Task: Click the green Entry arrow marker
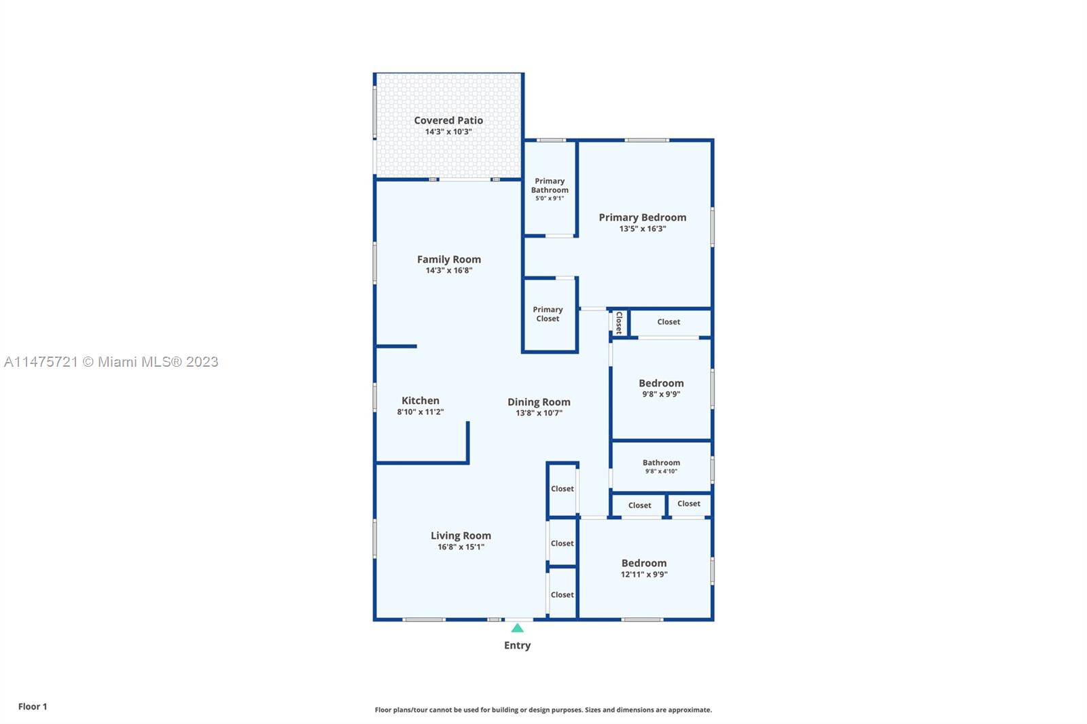click(x=517, y=628)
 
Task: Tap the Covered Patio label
click(x=448, y=120)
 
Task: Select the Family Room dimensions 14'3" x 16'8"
click(x=449, y=270)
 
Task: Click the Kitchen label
click(x=421, y=400)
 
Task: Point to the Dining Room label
click(x=539, y=402)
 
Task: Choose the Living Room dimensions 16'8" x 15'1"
click(x=461, y=547)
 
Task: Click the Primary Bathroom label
click(x=550, y=185)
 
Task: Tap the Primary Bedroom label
click(x=643, y=217)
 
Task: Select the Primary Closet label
click(x=548, y=314)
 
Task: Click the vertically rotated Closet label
click(x=619, y=323)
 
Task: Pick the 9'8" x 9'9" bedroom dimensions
click(x=661, y=394)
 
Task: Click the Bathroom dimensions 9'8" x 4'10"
click(x=661, y=471)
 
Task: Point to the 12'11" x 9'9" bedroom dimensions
click(x=644, y=574)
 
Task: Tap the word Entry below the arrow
click(x=517, y=645)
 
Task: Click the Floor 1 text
click(x=33, y=706)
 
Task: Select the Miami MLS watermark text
click(x=111, y=362)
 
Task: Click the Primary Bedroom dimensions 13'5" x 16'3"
click(x=643, y=229)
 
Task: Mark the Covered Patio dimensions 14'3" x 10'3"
click(x=448, y=132)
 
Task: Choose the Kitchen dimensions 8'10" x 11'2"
click(x=421, y=412)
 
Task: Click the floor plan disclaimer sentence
click(x=543, y=710)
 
